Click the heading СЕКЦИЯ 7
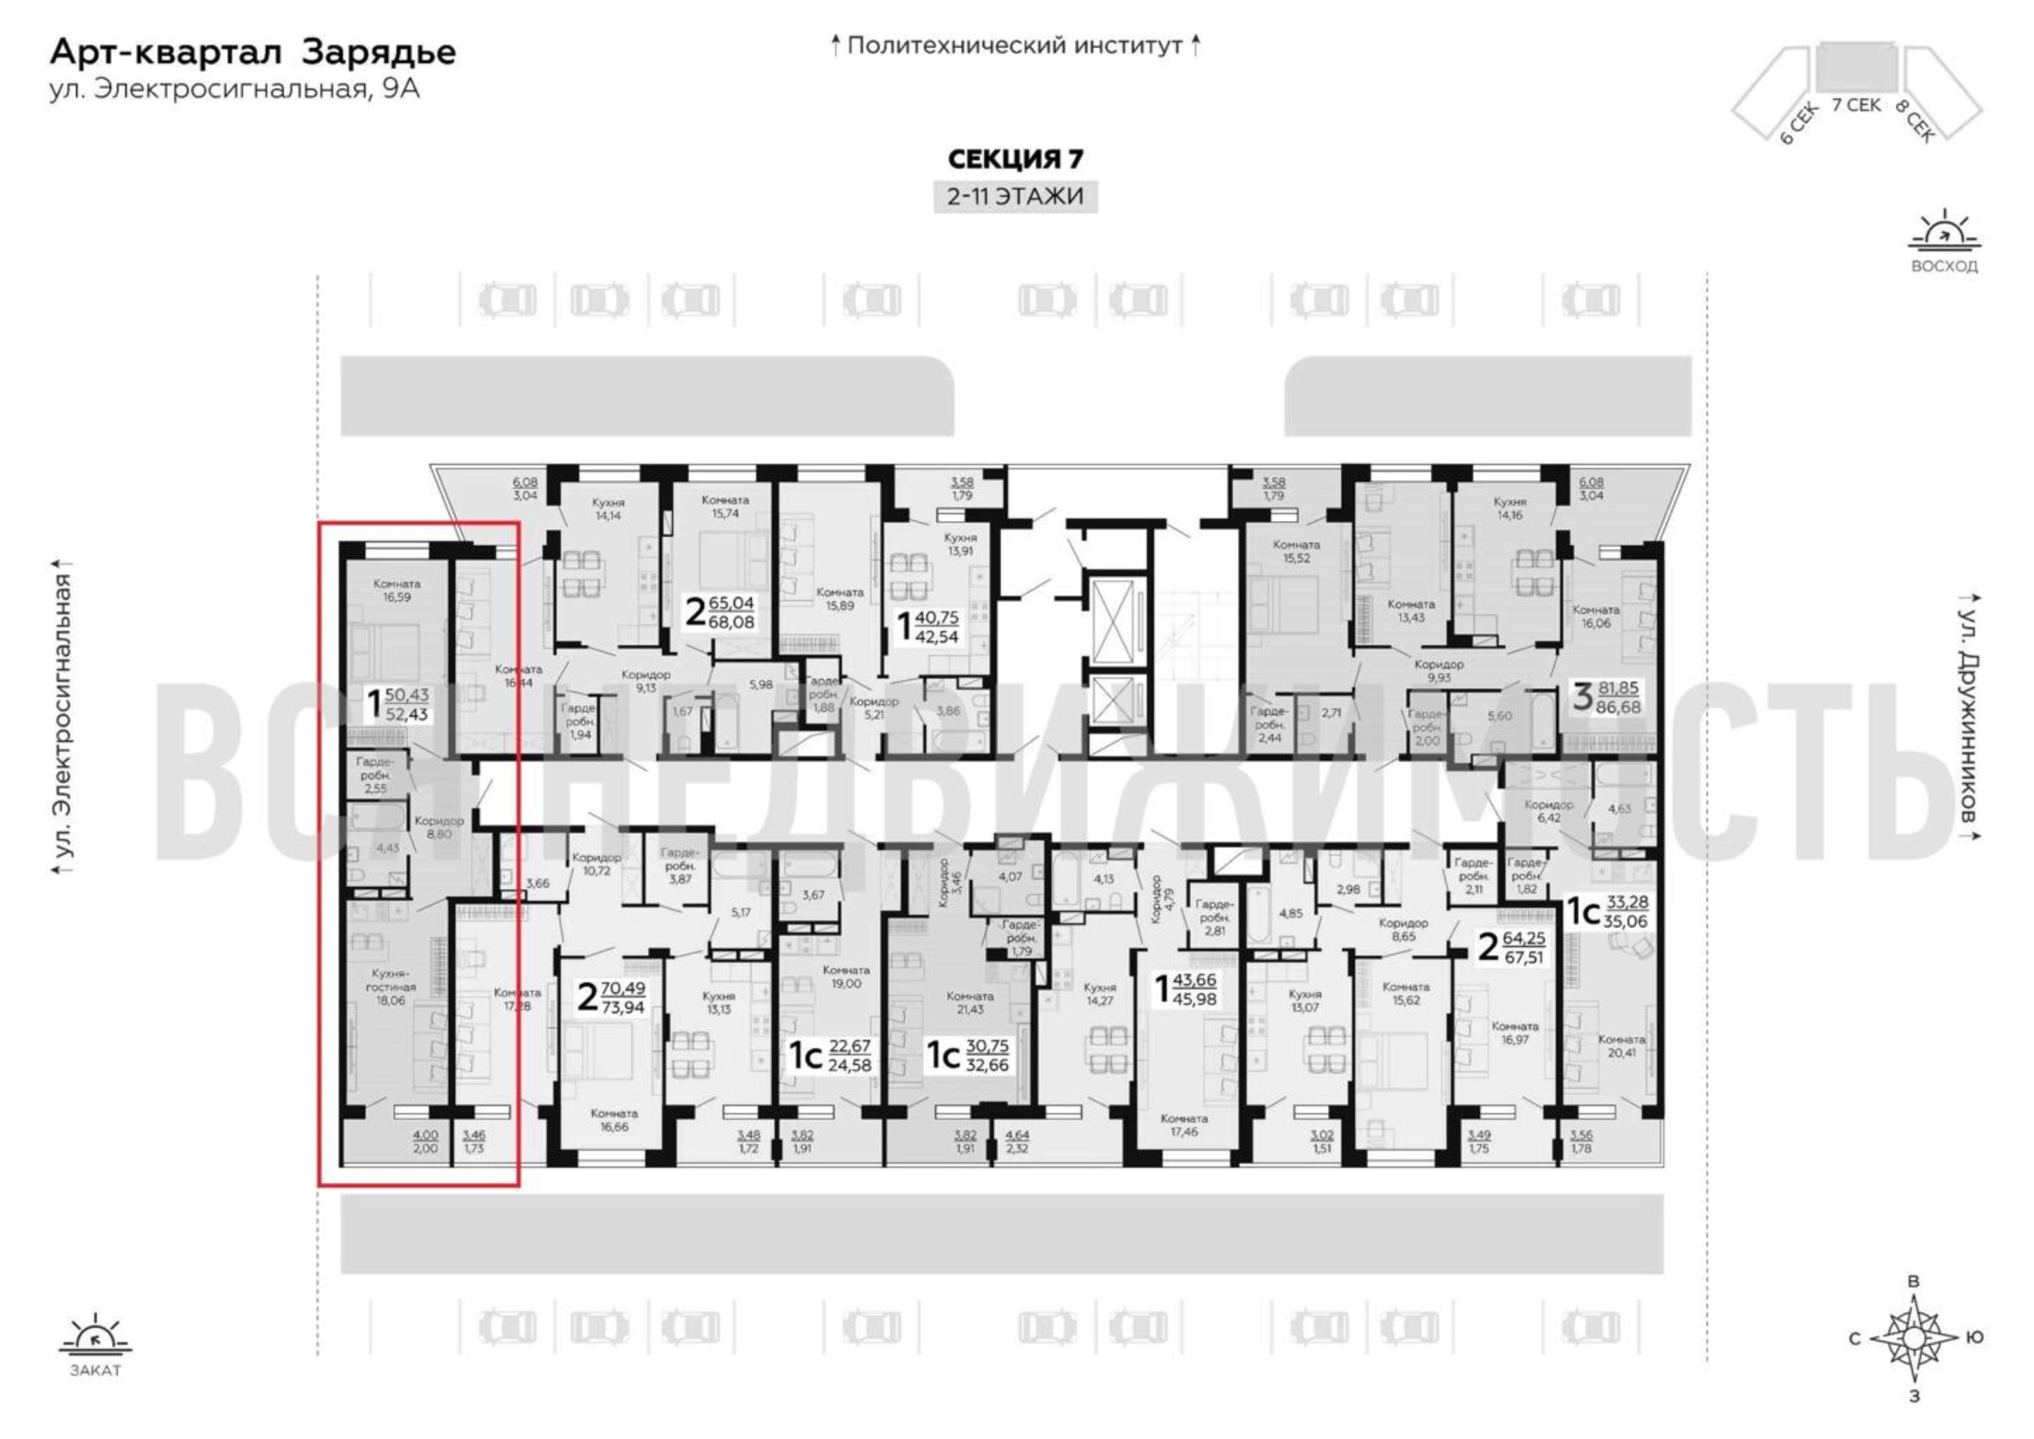point(1015,160)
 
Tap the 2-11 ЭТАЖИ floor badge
point(1015,196)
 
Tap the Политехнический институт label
point(1015,45)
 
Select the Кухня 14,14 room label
point(609,508)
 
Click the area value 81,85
point(1618,686)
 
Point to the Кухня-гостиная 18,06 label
point(390,986)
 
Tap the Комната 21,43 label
point(969,1002)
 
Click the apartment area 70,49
point(623,988)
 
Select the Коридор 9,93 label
point(1439,670)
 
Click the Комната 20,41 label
point(1621,1045)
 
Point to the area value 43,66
point(1194,980)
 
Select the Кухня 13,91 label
point(960,543)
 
